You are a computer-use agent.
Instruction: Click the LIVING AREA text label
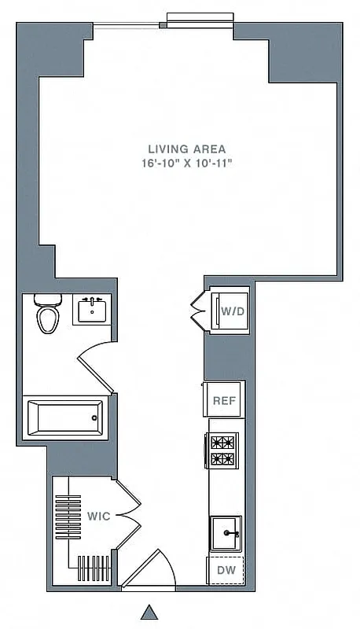[x=187, y=149]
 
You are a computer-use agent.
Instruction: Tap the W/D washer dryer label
[x=232, y=311]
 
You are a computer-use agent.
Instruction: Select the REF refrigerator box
[x=223, y=400]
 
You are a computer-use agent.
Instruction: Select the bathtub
[x=64, y=417]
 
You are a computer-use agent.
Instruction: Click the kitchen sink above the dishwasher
[x=226, y=535]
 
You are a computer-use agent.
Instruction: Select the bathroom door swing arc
[x=96, y=368]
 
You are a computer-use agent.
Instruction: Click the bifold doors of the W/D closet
[x=198, y=311]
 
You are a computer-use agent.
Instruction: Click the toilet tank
[x=49, y=300]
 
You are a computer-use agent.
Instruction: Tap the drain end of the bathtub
[x=96, y=417]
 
